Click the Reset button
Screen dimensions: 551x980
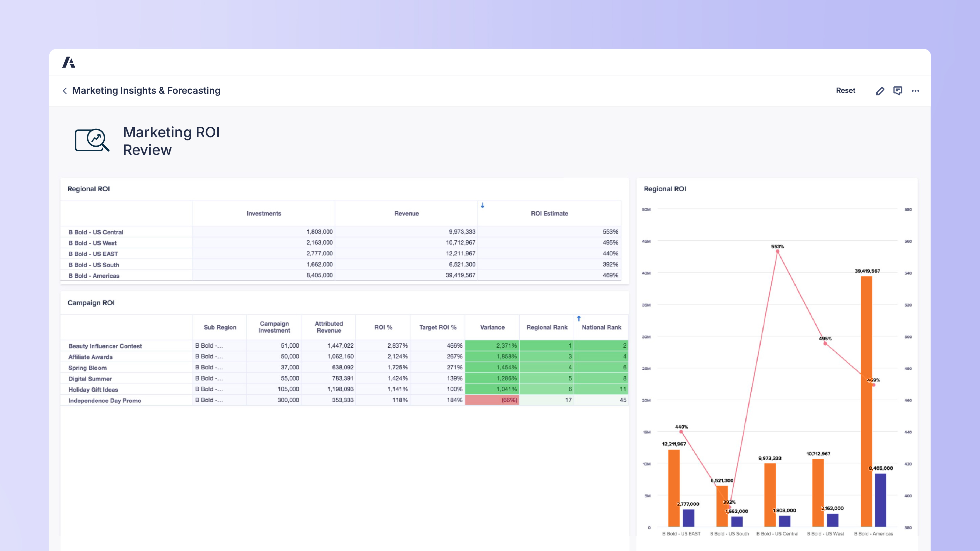[845, 91]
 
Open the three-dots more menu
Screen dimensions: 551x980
[915, 91]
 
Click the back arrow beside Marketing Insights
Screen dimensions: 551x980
[65, 91]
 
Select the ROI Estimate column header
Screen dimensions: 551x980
[549, 213]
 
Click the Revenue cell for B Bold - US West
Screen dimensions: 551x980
[460, 243]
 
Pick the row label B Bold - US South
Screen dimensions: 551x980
[94, 265]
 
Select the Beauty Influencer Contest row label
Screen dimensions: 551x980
[105, 346]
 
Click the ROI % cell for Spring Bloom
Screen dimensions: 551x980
[397, 367]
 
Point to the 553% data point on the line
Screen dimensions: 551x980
[777, 251]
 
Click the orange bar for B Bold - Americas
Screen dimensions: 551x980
[866, 399]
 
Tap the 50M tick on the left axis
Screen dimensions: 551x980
[646, 210]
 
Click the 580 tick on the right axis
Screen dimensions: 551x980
[908, 210]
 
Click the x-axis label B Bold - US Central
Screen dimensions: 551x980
[777, 534]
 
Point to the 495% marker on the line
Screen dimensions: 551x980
[825, 344]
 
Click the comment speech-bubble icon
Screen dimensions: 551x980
[897, 91]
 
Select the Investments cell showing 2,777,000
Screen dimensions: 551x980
[319, 254]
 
